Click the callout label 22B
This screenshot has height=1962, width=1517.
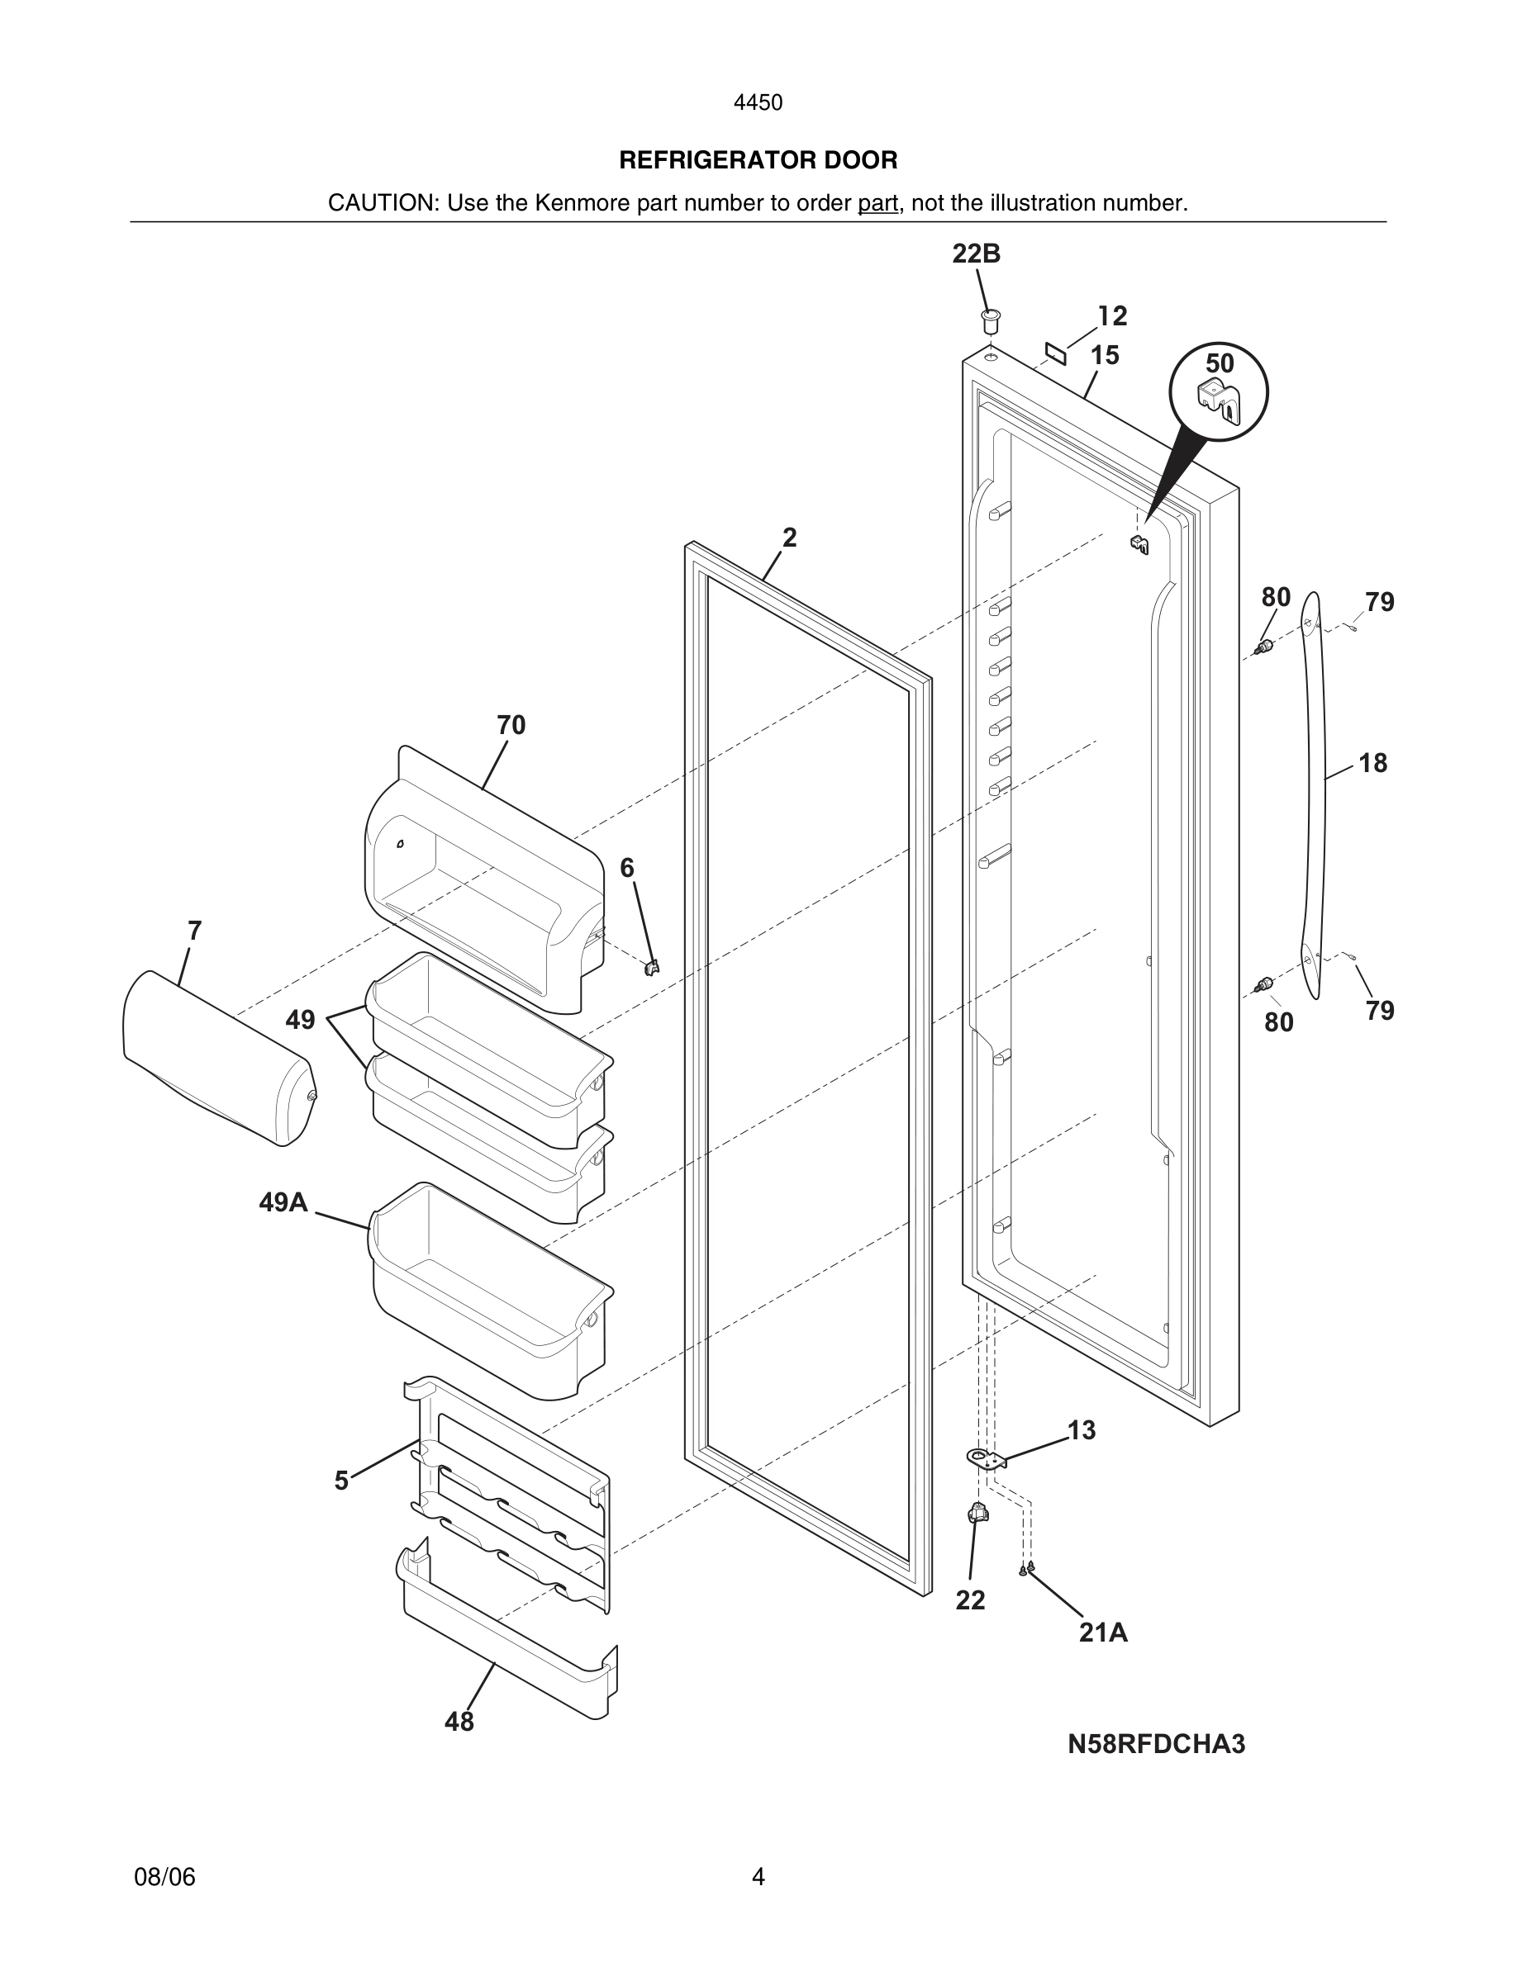coord(976,254)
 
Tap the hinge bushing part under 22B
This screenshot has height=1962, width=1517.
coord(991,320)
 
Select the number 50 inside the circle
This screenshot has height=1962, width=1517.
coord(1220,364)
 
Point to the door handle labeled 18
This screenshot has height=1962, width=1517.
coord(1313,790)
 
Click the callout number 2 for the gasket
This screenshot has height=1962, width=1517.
coord(789,538)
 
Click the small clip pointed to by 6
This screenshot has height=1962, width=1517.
coord(654,968)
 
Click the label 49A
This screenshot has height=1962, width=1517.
coord(283,1202)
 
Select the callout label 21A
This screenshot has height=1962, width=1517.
coord(1103,1633)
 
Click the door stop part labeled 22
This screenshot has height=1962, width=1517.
coord(977,1514)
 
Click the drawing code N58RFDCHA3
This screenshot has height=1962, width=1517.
coord(1156,1744)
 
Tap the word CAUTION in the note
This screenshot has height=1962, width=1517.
coord(382,203)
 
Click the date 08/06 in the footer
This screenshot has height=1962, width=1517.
coord(164,1877)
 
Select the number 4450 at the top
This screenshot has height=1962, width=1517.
coord(758,103)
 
